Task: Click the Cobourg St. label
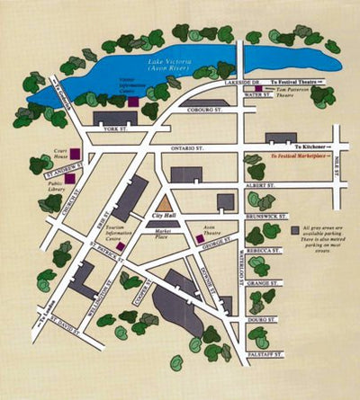pos(206,111)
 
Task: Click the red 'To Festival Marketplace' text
pos(302,155)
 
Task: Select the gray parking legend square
pos(295,231)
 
